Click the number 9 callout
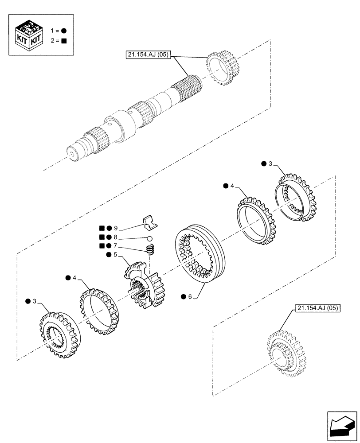pyautogui.click(x=115, y=228)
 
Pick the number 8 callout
pyautogui.click(x=115, y=237)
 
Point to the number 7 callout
pyautogui.click(x=115, y=245)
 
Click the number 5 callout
pyautogui.click(x=116, y=255)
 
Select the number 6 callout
pyautogui.click(x=190, y=297)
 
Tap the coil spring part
pyautogui.click(x=150, y=250)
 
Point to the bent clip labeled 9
pyautogui.click(x=149, y=222)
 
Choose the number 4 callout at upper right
pyautogui.click(x=232, y=186)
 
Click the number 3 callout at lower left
pyautogui.click(x=35, y=302)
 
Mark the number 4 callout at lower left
pyautogui.click(x=74, y=278)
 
